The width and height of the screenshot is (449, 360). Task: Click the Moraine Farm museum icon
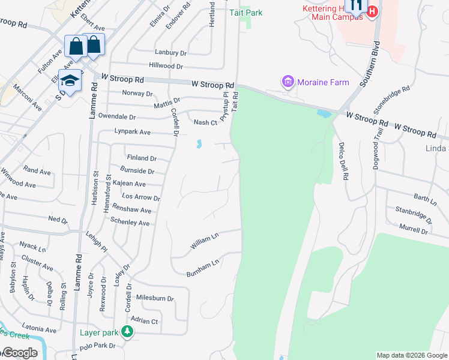(x=288, y=82)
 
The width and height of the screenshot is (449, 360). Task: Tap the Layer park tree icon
(x=127, y=331)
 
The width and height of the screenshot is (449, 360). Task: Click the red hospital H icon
(x=373, y=11)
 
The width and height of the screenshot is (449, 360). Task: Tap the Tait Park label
(x=246, y=11)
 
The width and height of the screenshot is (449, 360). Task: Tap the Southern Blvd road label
(x=370, y=64)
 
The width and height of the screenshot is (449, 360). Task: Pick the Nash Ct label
(x=205, y=122)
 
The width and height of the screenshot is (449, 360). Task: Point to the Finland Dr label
(x=142, y=158)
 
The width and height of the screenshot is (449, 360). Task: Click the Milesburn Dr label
(x=155, y=298)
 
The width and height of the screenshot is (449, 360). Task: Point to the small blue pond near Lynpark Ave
(x=198, y=144)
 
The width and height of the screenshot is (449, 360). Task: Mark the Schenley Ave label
(x=130, y=223)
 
